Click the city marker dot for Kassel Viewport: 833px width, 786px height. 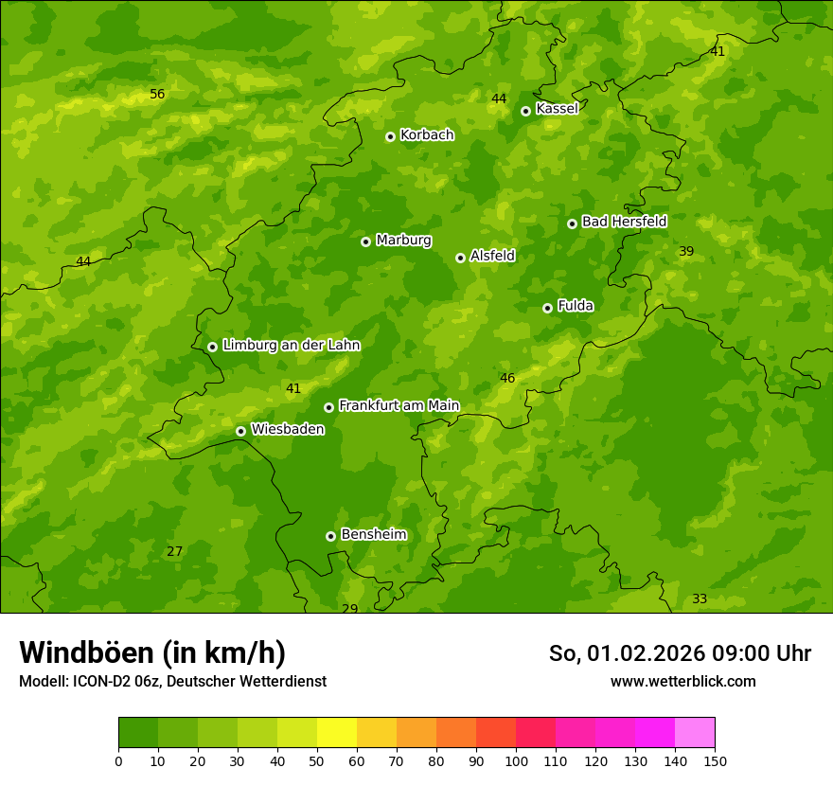point(525,111)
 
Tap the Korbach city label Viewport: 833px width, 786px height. point(427,135)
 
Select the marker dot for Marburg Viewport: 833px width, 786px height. point(365,241)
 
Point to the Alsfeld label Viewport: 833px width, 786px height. point(492,256)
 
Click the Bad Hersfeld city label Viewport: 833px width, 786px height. point(624,222)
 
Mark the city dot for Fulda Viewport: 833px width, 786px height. point(547,308)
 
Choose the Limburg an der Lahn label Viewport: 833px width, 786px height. point(291,346)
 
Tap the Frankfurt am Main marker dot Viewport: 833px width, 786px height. point(328,407)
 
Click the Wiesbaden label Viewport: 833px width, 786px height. point(287,430)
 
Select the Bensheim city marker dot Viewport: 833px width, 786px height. point(330,536)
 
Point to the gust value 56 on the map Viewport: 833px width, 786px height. point(157,94)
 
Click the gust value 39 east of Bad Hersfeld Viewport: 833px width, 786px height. point(686,251)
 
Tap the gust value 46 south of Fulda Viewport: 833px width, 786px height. point(507,378)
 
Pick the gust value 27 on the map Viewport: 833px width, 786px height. point(174,551)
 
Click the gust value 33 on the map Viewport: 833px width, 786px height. point(700,598)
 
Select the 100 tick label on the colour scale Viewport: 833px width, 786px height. point(516,760)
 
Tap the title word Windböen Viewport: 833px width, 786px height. point(86,652)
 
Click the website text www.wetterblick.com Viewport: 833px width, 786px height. point(682,681)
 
